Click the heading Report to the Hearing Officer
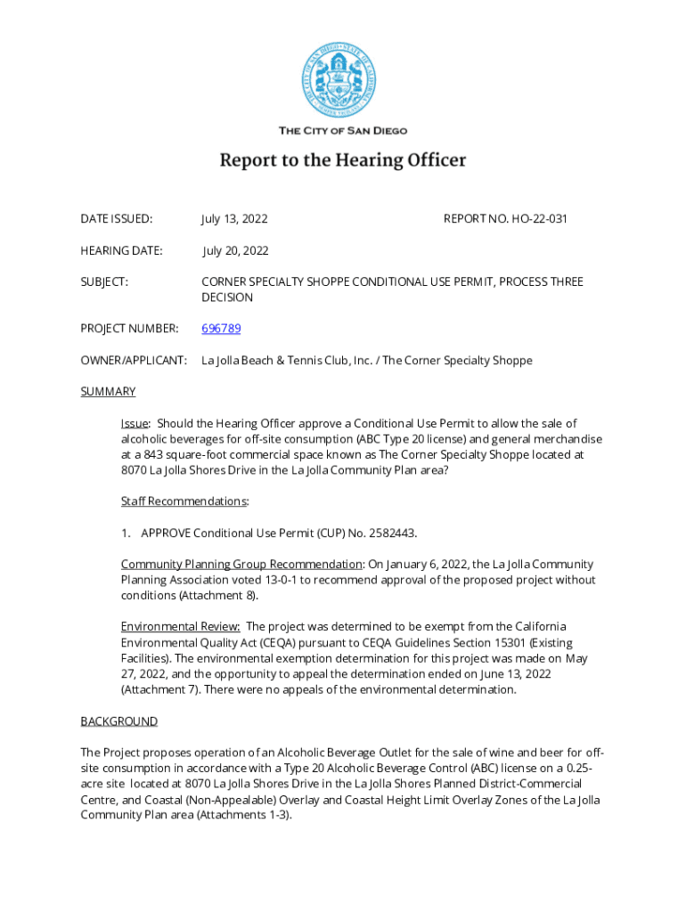pyautogui.click(x=343, y=161)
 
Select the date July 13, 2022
pyautogui.click(x=234, y=219)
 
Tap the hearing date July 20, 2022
pyautogui.click(x=235, y=251)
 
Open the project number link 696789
pyautogui.click(x=221, y=329)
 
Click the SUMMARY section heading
pyautogui.click(x=108, y=392)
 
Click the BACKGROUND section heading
pyautogui.click(x=118, y=721)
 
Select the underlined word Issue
pyautogui.click(x=135, y=424)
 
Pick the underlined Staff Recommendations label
pyautogui.click(x=184, y=501)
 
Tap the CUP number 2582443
pyautogui.click(x=388, y=533)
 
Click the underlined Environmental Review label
pyautogui.click(x=180, y=627)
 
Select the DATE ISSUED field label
pyautogui.click(x=116, y=219)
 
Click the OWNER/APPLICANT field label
pyautogui.click(x=134, y=361)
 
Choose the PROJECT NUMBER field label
pyautogui.click(x=129, y=329)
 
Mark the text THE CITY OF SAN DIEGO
pyautogui.click(x=343, y=131)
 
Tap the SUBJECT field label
pyautogui.click(x=104, y=282)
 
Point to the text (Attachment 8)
pyautogui.click(x=219, y=596)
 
